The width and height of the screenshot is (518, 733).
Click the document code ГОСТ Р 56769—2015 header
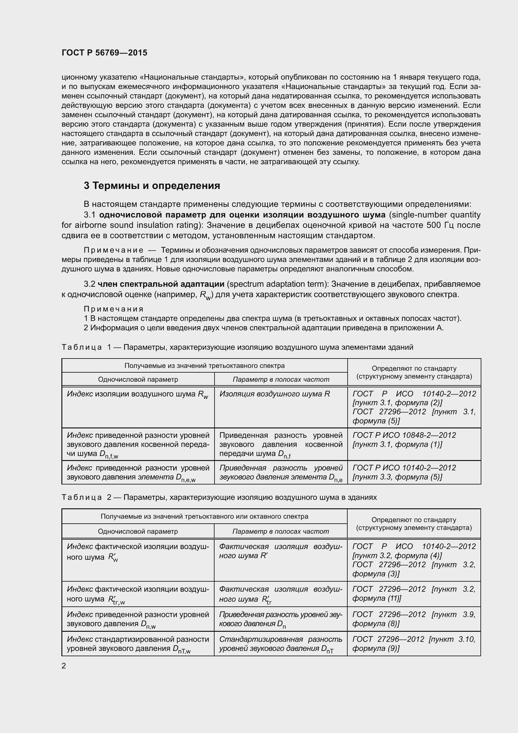(104, 53)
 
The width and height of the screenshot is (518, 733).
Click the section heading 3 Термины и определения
(152, 186)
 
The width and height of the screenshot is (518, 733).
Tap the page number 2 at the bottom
(64, 666)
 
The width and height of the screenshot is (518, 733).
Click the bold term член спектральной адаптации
(161, 284)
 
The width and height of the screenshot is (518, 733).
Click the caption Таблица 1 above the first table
(82, 347)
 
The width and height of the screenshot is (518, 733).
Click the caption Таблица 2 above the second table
(82, 497)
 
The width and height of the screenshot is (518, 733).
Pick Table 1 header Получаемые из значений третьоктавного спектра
(204, 365)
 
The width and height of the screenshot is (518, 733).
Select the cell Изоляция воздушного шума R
(274, 394)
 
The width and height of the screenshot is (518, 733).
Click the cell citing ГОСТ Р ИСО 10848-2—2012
(404, 440)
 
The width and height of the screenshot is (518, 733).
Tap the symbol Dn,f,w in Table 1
(109, 454)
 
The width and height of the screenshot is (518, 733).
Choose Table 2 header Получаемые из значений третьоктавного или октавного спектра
(204, 516)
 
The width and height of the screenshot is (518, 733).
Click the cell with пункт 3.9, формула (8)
(414, 619)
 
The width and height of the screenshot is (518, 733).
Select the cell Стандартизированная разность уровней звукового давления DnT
(280, 644)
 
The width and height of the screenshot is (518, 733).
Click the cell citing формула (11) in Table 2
(414, 594)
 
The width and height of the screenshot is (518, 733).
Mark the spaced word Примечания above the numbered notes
(114, 309)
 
